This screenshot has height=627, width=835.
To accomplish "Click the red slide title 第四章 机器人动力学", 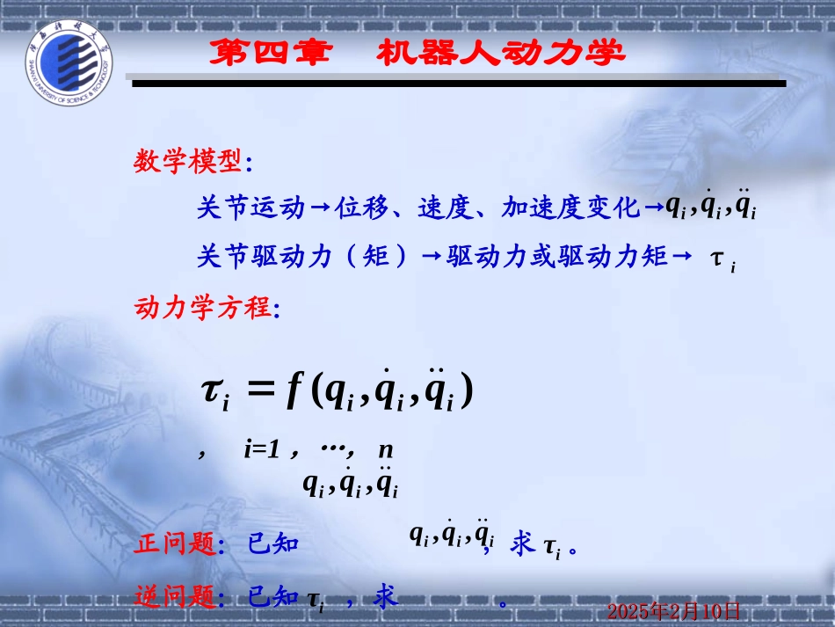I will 415,54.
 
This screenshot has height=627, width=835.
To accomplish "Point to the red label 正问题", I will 175,545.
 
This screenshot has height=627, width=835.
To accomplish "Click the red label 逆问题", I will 175,598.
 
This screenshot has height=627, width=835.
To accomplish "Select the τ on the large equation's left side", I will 214,393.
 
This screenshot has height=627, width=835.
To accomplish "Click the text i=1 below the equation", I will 262,450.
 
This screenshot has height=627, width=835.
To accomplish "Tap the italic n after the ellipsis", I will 385,450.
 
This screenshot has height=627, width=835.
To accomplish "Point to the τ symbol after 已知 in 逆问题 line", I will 315,600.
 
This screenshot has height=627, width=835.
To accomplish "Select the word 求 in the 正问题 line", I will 523,545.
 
